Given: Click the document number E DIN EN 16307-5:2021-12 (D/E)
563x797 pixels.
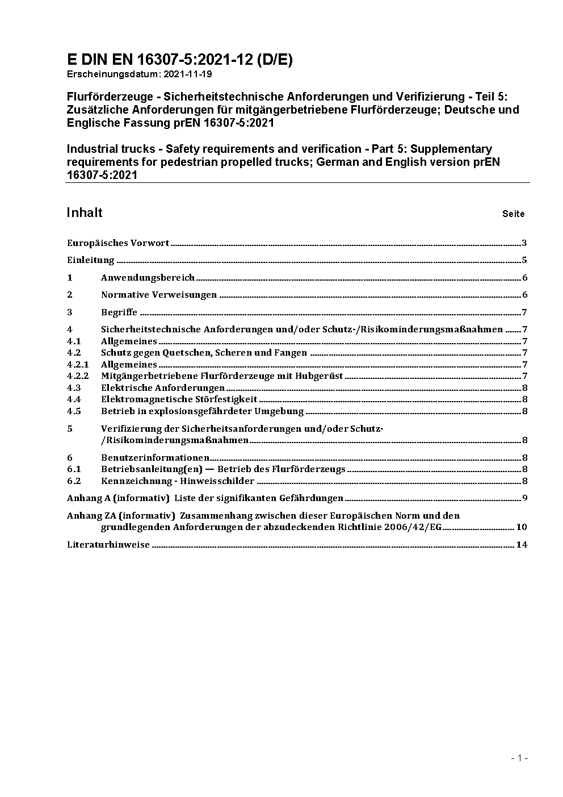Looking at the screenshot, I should (180, 60).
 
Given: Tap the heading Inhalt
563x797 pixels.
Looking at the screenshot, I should (85, 213).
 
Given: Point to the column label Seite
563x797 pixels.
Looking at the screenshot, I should (513, 214).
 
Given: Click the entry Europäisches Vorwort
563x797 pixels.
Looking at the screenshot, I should (118, 243).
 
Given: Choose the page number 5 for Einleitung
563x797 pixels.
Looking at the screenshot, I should (524, 261).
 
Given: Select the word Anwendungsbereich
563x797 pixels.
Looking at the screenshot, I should (148, 278).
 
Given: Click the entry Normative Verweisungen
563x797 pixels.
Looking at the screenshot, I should (159, 295).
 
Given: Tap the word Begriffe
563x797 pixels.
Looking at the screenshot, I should (119, 312).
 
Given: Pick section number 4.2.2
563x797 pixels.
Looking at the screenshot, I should (78, 376).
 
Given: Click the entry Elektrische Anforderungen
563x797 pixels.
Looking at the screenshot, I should (163, 388).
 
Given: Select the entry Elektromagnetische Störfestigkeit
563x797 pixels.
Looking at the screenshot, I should (179, 399).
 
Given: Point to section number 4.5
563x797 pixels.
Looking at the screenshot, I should (74, 411).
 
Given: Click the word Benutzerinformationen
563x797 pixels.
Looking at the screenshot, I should (156, 458).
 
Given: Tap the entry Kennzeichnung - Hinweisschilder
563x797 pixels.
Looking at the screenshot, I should (178, 481).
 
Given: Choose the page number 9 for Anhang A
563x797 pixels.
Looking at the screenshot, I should (525, 498).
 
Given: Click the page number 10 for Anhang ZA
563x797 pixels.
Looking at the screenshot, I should (521, 527).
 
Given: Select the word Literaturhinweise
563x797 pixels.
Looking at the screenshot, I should (108, 545).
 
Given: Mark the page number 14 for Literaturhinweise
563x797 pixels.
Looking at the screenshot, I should (522, 545).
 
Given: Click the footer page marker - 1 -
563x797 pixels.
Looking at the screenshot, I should (519, 758).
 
